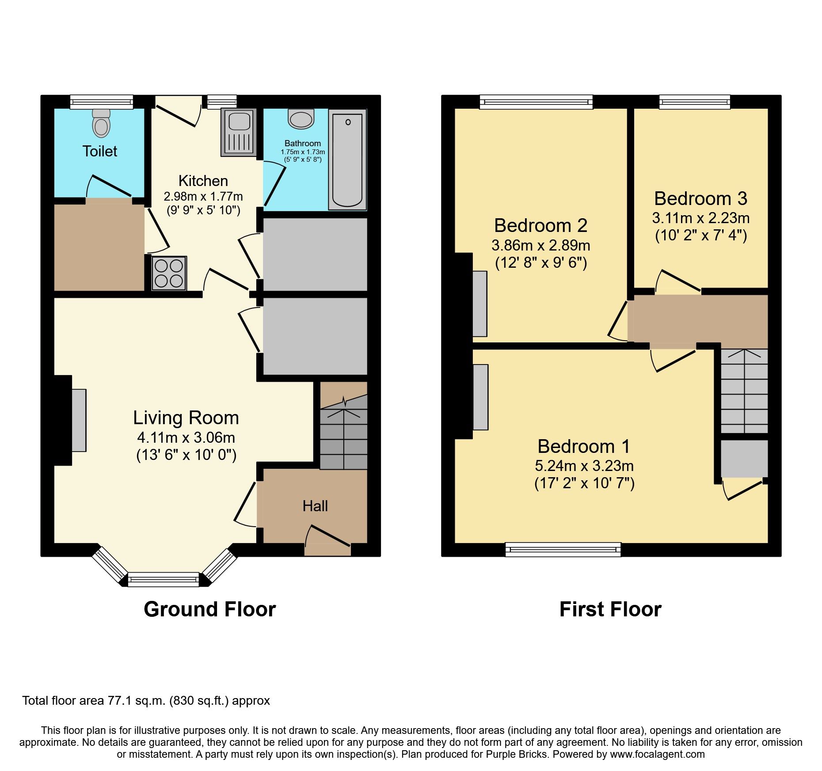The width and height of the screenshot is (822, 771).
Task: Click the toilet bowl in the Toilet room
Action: pyautogui.click(x=101, y=123)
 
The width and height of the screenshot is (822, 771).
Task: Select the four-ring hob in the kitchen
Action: pyautogui.click(x=169, y=273)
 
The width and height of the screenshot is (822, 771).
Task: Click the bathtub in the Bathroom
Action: pyautogui.click(x=347, y=160)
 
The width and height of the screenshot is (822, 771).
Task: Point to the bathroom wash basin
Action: pyautogui.click(x=301, y=119)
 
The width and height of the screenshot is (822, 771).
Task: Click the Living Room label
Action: pyautogui.click(x=186, y=418)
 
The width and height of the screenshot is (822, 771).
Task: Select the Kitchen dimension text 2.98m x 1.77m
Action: pyautogui.click(x=203, y=196)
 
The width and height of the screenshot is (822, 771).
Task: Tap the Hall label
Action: pyautogui.click(x=315, y=506)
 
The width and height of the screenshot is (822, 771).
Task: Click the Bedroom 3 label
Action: pyautogui.click(x=701, y=198)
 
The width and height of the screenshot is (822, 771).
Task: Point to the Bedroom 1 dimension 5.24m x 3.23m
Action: pyautogui.click(x=584, y=466)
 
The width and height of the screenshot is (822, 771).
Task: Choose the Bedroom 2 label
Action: pyautogui.click(x=541, y=225)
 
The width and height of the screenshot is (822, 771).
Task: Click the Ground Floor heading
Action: pyautogui.click(x=210, y=609)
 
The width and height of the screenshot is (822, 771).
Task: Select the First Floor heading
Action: pyautogui.click(x=610, y=609)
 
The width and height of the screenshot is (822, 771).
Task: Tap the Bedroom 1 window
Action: pyautogui.click(x=563, y=549)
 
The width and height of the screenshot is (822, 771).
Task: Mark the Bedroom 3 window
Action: pyautogui.click(x=695, y=102)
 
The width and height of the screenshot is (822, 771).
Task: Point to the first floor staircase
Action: pyautogui.click(x=744, y=391)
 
